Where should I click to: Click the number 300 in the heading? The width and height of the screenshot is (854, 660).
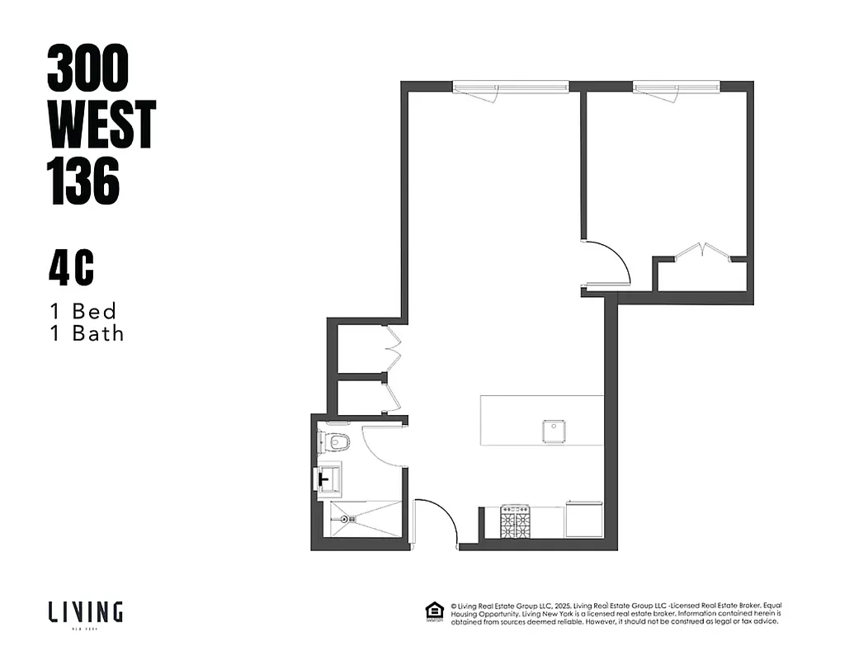(x=88, y=68)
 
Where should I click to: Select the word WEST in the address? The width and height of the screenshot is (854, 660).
(x=101, y=125)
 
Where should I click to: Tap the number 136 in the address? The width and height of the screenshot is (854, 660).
(x=84, y=181)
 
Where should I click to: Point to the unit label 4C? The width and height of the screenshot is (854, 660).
(x=70, y=270)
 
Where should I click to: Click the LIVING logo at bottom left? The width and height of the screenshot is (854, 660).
(x=85, y=612)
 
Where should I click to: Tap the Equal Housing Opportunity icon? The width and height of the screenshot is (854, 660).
(x=432, y=611)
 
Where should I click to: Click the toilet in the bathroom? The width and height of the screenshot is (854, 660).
(x=336, y=442)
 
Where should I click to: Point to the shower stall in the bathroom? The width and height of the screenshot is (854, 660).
(x=362, y=520)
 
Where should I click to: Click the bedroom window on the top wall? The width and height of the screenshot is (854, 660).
(x=677, y=86)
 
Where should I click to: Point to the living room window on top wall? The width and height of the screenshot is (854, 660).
(x=511, y=86)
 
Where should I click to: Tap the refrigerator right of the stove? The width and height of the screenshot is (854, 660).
(x=584, y=521)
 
